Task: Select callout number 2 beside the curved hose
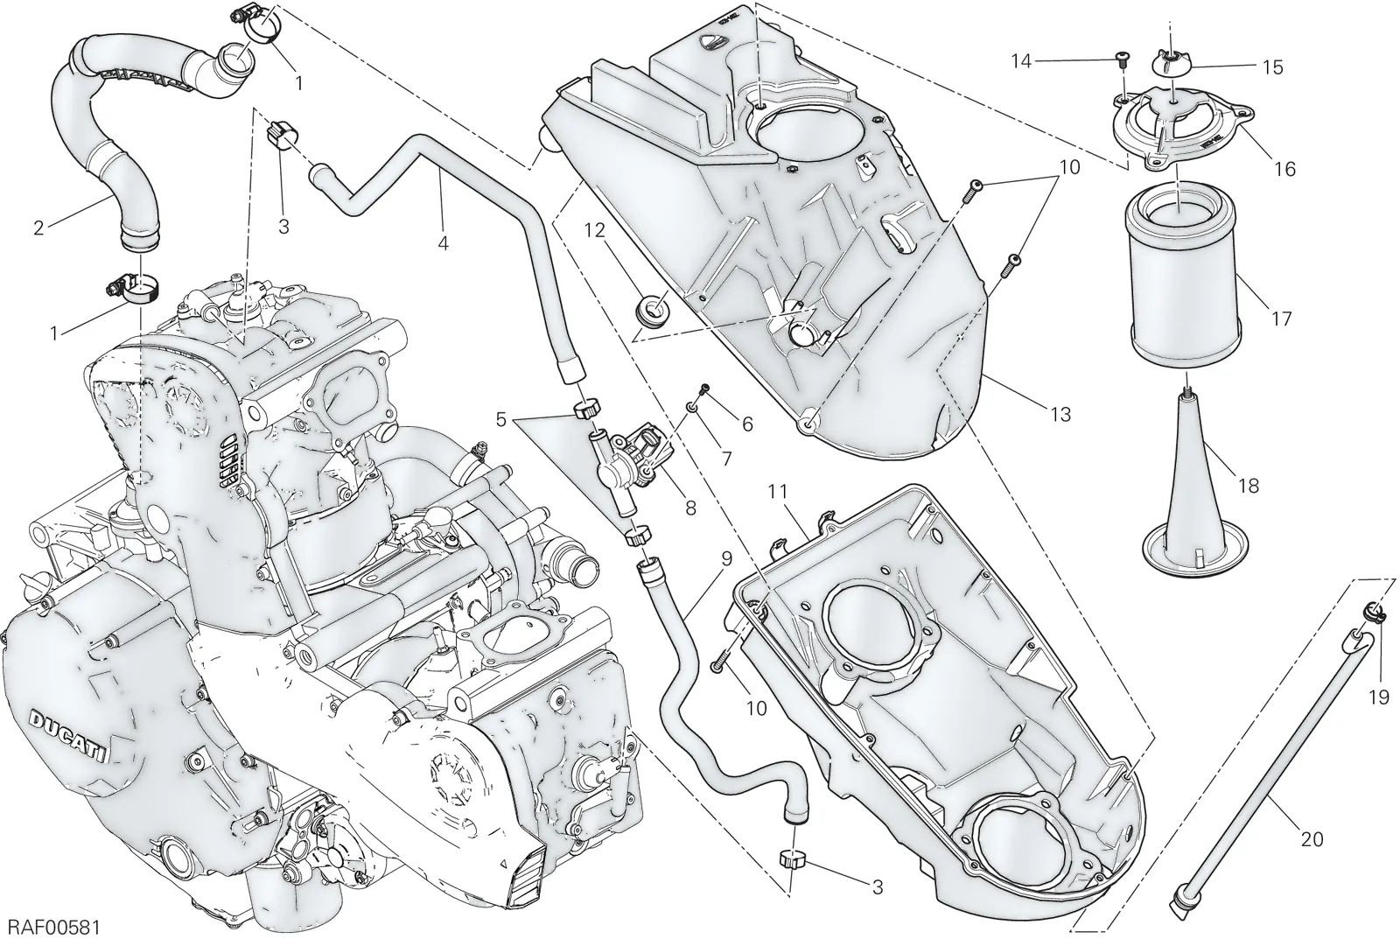click(38, 228)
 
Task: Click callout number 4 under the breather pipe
click(443, 243)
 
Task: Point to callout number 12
click(595, 231)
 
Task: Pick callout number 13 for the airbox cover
click(1061, 415)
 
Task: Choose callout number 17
click(1281, 319)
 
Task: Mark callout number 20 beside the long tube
click(1311, 839)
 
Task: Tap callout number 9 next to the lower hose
click(726, 558)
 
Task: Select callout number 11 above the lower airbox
click(778, 492)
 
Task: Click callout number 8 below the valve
click(690, 508)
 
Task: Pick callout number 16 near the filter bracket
click(1285, 169)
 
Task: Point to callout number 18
click(1248, 486)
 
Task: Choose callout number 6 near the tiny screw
click(747, 424)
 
